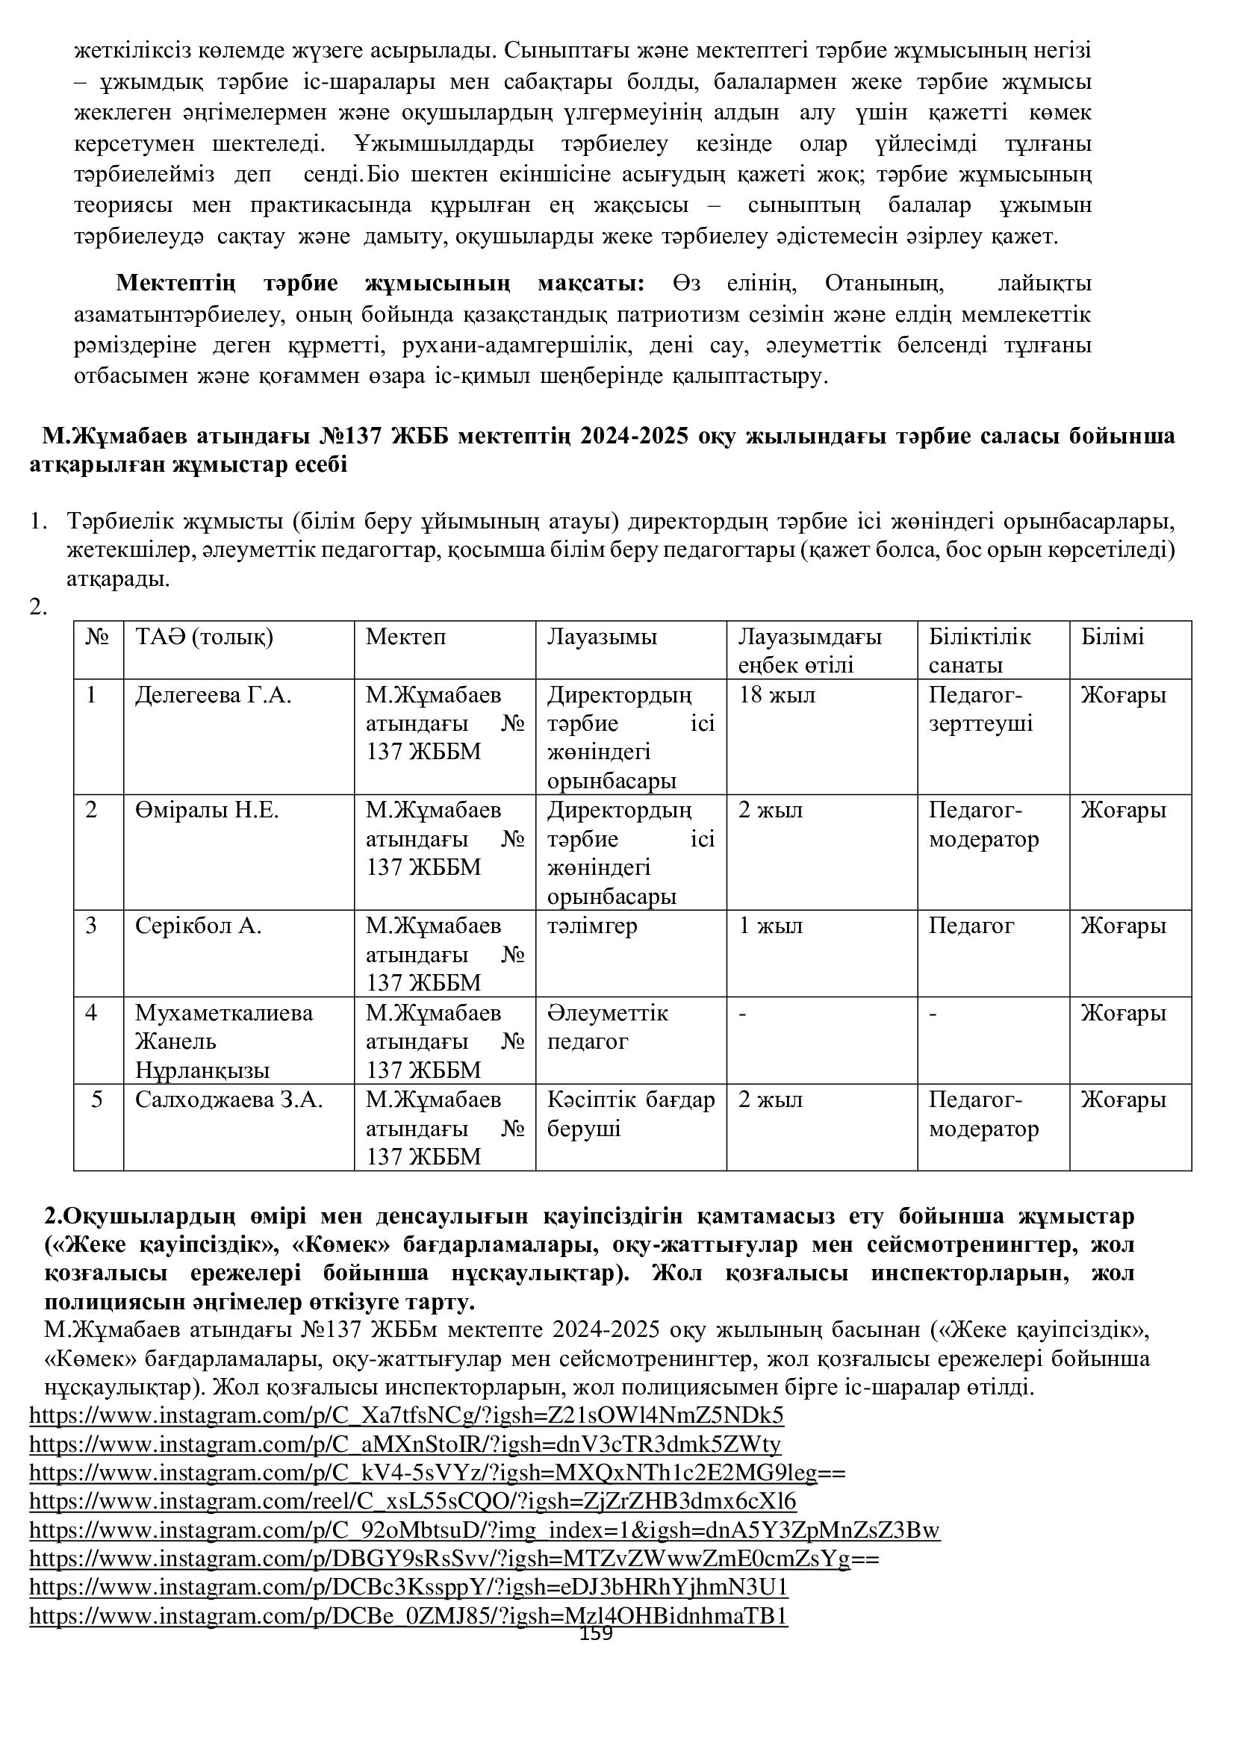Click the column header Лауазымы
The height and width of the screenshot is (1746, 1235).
pos(602,637)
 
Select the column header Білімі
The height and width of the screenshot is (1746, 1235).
pos(1112,637)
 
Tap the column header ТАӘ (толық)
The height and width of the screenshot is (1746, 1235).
pos(204,637)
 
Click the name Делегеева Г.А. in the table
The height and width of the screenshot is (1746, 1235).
pos(213,695)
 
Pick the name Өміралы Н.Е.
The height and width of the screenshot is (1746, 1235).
pos(207,811)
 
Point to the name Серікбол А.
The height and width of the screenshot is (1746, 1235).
pos(199,926)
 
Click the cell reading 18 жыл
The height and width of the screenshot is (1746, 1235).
pos(777,695)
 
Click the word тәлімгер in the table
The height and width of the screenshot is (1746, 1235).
pos(591,926)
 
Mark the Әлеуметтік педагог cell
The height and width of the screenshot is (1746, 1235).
pos(607,1027)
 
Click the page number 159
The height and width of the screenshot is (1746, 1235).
pos(595,1634)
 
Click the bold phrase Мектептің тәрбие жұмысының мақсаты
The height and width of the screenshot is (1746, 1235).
pos(379,284)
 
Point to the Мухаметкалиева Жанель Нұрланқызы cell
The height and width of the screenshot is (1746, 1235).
pos(223,1041)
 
